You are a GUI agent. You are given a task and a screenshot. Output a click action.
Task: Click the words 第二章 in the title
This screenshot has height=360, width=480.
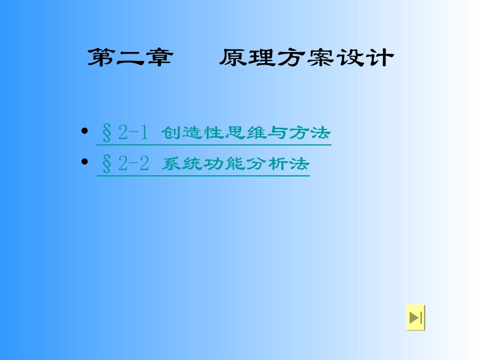pyautogui.click(x=129, y=58)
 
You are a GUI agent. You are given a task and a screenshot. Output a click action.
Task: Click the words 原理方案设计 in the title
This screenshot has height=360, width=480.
pyautogui.click(x=306, y=58)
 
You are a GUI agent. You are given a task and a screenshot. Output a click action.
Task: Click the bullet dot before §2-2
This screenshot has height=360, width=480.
pyautogui.click(x=84, y=163)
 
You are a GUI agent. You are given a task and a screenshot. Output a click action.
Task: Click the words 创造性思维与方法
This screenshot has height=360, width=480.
pyautogui.click(x=246, y=133)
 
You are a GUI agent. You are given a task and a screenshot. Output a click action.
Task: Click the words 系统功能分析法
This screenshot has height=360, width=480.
pyautogui.click(x=235, y=164)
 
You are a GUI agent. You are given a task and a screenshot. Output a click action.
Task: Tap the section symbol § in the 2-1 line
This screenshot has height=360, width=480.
pyautogui.click(x=107, y=133)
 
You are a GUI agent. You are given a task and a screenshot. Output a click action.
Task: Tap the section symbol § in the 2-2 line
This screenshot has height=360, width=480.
pyautogui.click(x=107, y=164)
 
